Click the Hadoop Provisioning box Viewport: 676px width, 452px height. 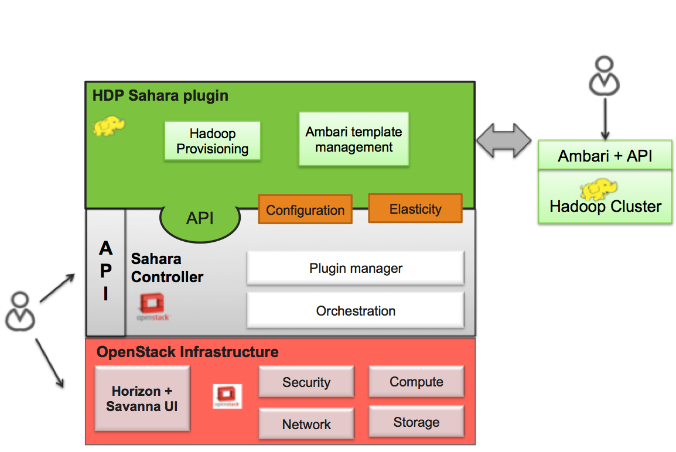(212, 141)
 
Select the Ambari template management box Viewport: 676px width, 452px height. (354, 139)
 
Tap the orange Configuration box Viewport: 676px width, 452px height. (305, 210)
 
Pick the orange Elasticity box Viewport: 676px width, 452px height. (415, 208)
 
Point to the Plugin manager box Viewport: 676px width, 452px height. (356, 268)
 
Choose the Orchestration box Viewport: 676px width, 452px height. (356, 310)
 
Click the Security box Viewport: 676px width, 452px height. (306, 382)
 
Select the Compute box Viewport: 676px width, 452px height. (416, 382)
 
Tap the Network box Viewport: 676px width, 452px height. (306, 424)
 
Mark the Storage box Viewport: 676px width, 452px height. (416, 422)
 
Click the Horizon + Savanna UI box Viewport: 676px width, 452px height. (142, 399)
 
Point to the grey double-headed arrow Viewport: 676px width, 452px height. (504, 141)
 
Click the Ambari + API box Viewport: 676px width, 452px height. (605, 156)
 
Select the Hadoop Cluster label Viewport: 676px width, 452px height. (605, 206)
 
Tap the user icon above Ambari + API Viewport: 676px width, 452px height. (603, 76)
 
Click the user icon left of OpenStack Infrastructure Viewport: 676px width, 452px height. (21, 310)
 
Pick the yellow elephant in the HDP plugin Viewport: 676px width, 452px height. (109, 125)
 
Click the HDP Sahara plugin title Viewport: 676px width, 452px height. (161, 95)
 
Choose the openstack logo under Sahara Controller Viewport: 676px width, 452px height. (153, 307)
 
